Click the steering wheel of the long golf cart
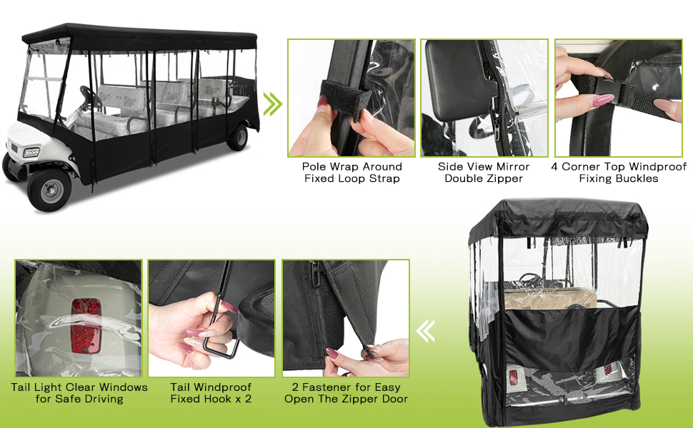pyautogui.click(x=91, y=98)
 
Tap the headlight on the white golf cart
pyautogui.click(x=31, y=153)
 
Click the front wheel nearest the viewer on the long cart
pyautogui.click(x=49, y=190)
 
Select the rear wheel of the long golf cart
pyautogui.click(x=238, y=137)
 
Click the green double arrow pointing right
pyautogui.click(x=272, y=104)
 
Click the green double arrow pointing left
pyautogui.click(x=426, y=331)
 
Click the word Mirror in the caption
pyautogui.click(x=512, y=167)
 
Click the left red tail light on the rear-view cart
pyautogui.click(x=514, y=377)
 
